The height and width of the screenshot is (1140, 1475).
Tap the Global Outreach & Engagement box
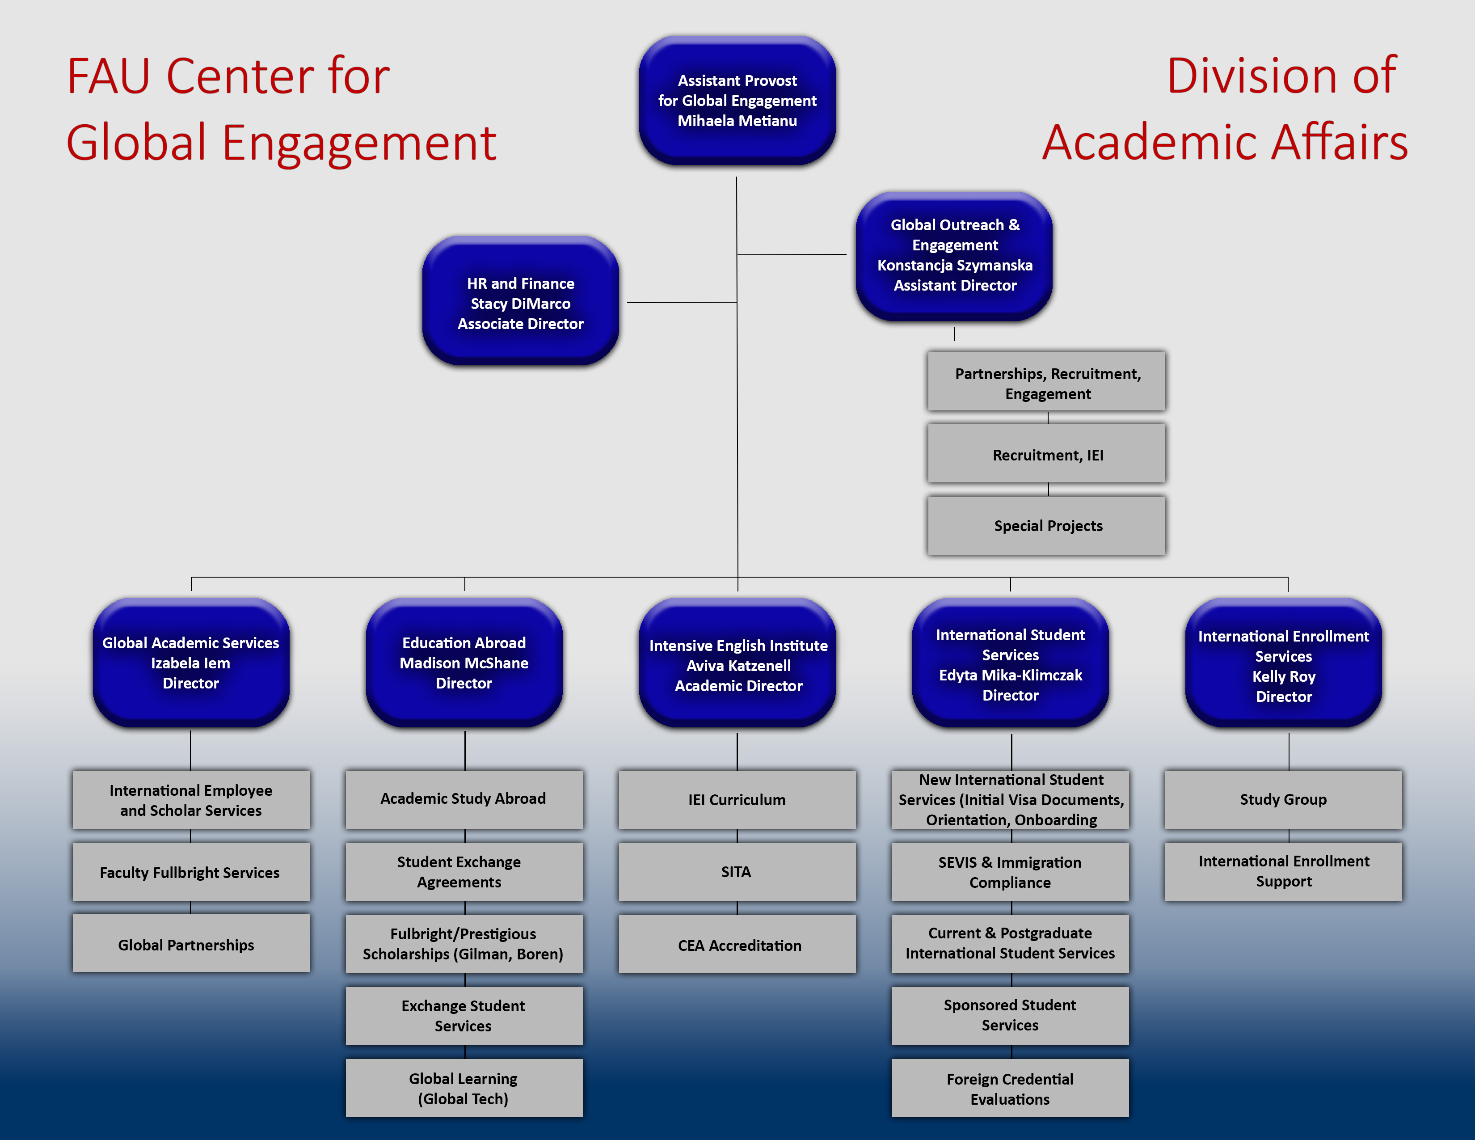[x=954, y=255]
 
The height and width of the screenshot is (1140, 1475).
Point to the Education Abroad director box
[x=464, y=663]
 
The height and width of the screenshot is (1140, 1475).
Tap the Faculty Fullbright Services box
[x=190, y=872]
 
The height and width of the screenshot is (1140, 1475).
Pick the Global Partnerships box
[x=190, y=944]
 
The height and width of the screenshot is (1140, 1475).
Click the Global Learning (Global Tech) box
[x=464, y=1088]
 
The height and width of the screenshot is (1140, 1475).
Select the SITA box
[x=737, y=872]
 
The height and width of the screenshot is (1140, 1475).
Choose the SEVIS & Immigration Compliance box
[x=1010, y=872]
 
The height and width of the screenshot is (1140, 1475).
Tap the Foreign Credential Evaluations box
[x=1010, y=1088]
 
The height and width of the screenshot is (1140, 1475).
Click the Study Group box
[x=1283, y=799]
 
